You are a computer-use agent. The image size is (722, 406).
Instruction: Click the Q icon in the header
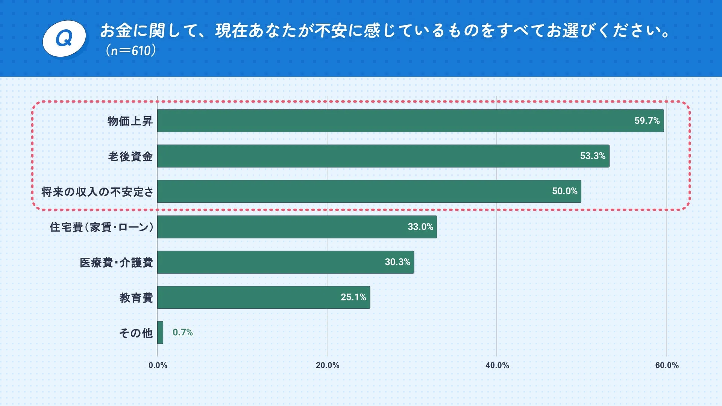pyautogui.click(x=64, y=39)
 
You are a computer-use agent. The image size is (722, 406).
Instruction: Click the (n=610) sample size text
pyautogui.click(x=130, y=50)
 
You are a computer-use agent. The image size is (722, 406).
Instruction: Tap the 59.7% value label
pyautogui.click(x=647, y=121)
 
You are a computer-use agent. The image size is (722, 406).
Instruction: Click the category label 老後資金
pyautogui.click(x=130, y=156)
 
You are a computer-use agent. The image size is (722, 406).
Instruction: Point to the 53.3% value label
pyautogui.click(x=593, y=156)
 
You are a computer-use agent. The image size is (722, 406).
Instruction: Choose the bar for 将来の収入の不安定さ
pyautogui.click(x=369, y=191)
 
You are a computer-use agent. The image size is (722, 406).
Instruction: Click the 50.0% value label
pyautogui.click(x=564, y=191)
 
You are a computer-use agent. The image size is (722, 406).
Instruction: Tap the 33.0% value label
pyautogui.click(x=420, y=227)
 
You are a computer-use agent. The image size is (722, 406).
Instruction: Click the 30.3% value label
pyautogui.click(x=397, y=262)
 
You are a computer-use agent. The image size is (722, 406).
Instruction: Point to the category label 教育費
pyautogui.click(x=136, y=298)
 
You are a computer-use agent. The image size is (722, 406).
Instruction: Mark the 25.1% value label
pyautogui.click(x=353, y=297)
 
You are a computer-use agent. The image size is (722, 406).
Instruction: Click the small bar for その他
pyautogui.click(x=160, y=332)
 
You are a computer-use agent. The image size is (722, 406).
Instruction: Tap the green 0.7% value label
pyautogui.click(x=183, y=332)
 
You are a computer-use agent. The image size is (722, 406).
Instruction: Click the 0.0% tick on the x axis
pyautogui.click(x=158, y=365)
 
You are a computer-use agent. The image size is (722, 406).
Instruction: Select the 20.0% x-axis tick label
pyautogui.click(x=328, y=365)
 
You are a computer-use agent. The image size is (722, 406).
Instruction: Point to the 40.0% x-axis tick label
pyautogui.click(x=497, y=365)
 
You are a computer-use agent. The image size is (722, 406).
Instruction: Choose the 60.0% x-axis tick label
pyautogui.click(x=667, y=365)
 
